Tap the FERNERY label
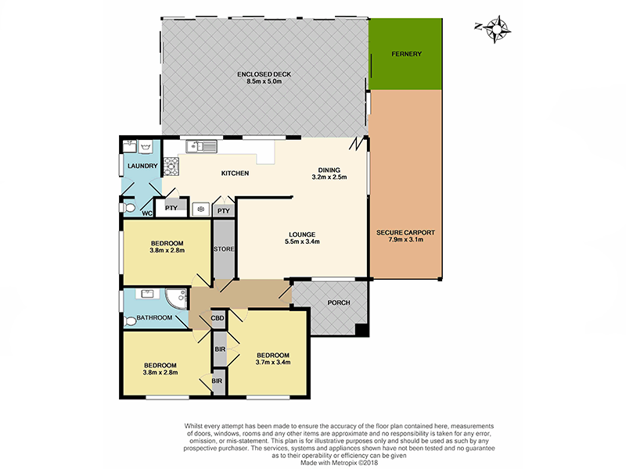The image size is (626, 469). pos(406,54)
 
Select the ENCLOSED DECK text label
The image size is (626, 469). pos(264,74)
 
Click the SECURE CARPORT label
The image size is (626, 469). pos(406,233)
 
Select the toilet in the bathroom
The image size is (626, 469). pos(131,320)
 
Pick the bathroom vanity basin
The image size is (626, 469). pos(148,295)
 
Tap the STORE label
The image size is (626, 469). pos(224,249)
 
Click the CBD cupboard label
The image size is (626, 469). pos(218,318)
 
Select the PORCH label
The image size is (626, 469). pos(338,303)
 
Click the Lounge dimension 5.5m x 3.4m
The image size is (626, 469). pos(301,242)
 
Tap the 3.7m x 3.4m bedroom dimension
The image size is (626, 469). pos(273,361)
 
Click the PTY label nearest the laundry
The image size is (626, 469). pos(170,207)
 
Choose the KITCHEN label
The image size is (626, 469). pos(235,173)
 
